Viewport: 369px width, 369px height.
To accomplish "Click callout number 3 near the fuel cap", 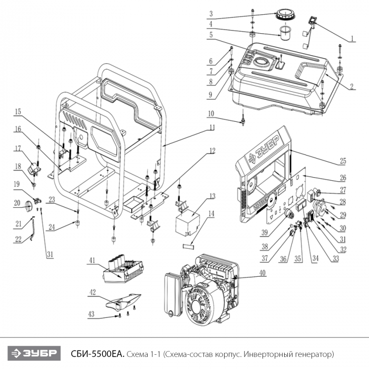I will click(x=210, y=14).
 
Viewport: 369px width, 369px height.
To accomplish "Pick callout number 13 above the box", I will click(x=212, y=196).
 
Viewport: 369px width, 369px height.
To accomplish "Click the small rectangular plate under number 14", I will click(x=190, y=245).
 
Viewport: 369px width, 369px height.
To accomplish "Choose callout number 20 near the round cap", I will click(x=17, y=203).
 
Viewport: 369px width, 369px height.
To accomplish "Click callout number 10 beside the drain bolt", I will click(x=211, y=113).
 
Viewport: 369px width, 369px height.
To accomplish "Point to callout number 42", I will click(x=92, y=292).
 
